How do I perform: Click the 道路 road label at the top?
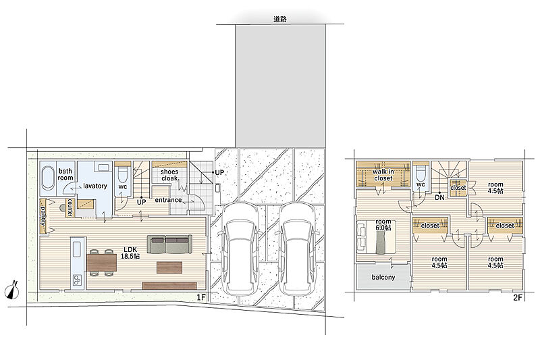[x=280, y=20]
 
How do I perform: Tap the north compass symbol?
[x=13, y=290]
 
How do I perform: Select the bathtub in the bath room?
[x=48, y=178]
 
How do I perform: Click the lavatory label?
[x=94, y=186]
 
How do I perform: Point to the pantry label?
[x=43, y=215]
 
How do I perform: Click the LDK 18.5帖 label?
[x=130, y=253]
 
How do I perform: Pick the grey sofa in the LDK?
[x=169, y=245]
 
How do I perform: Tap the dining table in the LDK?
[x=102, y=263]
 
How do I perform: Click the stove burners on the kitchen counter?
[x=76, y=280]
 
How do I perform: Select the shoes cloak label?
[x=169, y=175]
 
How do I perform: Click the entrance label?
[x=168, y=200]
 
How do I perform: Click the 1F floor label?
[x=200, y=297]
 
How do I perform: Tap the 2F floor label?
[x=518, y=298]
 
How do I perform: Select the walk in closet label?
[x=383, y=175]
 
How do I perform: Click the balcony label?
[x=383, y=277]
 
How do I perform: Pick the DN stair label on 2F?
[x=439, y=198]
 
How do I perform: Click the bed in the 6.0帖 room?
[x=376, y=237]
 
